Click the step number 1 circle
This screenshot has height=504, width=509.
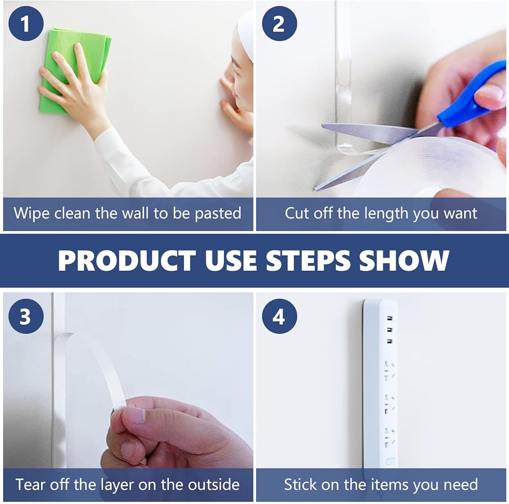26,23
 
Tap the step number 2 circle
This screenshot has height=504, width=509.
279,23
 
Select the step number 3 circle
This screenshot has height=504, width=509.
26,316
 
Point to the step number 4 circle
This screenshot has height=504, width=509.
279,316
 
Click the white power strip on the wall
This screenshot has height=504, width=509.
380,383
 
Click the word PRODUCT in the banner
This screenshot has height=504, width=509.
127,261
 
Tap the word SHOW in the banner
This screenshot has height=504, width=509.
404,261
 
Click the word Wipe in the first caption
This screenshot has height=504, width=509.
32,213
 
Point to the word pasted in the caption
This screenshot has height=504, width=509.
218,214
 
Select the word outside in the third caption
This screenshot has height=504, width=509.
214,485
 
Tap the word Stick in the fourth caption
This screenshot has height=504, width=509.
300,485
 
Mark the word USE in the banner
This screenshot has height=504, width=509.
231,261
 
